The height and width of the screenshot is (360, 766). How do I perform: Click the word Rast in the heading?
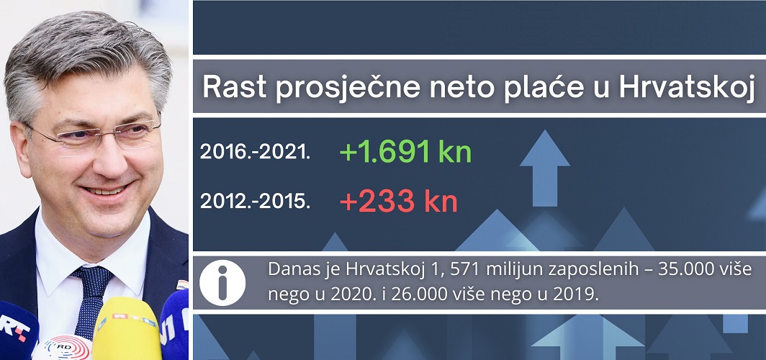coord(235,87)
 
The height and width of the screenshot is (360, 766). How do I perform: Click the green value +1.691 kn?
coord(405,152)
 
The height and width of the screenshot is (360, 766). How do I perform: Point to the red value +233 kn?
coord(399,202)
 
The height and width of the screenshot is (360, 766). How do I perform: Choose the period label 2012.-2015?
coord(255,202)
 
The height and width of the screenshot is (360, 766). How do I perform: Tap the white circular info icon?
coord(222,282)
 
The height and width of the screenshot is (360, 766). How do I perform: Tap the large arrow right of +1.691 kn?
coord(544,168)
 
